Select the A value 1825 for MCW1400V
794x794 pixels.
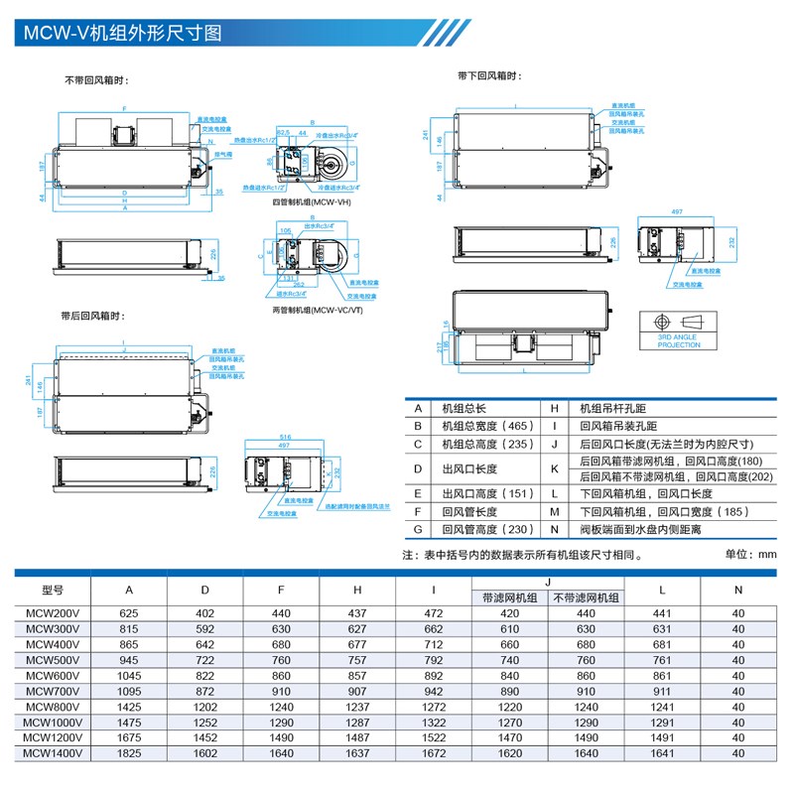tap(128, 753)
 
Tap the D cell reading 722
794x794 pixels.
tap(204, 660)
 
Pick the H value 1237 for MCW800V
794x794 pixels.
tap(357, 707)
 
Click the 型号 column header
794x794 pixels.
tap(53, 590)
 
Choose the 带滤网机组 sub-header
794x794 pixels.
tap(509, 597)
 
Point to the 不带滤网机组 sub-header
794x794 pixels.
tap(586, 597)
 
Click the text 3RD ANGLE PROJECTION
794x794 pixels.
tap(679, 340)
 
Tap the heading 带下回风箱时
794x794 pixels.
tap(489, 76)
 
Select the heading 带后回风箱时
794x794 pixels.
tap(93, 316)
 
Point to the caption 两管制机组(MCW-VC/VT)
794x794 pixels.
tap(312, 311)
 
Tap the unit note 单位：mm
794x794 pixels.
tap(750, 554)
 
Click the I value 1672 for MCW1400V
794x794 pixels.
tap(433, 753)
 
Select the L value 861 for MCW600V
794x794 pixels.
tap(663, 675)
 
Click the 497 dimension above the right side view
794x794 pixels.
tap(676, 213)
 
